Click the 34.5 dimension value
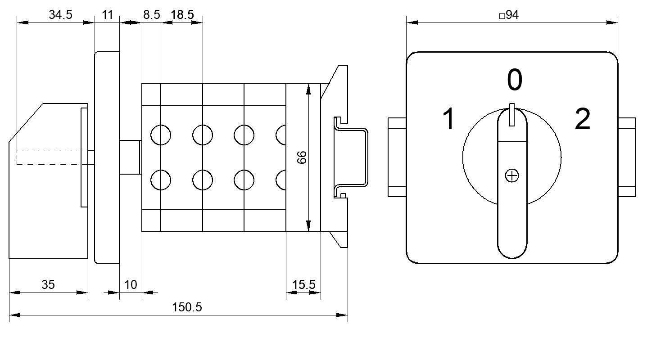(x=60, y=14)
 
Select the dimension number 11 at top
(x=107, y=14)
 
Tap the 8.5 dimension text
(x=151, y=14)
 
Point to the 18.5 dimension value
(x=182, y=14)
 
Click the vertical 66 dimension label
(x=302, y=157)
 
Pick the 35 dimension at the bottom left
(x=48, y=285)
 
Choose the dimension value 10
(x=131, y=285)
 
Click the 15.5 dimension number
(x=303, y=285)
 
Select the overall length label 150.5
(x=187, y=307)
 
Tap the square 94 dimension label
(x=509, y=15)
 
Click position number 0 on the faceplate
(x=515, y=80)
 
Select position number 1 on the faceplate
(x=448, y=119)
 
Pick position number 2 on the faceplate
(x=582, y=119)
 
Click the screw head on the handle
(x=512, y=176)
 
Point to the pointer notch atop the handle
(x=512, y=115)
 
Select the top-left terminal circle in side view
(x=161, y=135)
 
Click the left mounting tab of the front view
(x=397, y=157)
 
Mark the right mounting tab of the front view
(x=627, y=157)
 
